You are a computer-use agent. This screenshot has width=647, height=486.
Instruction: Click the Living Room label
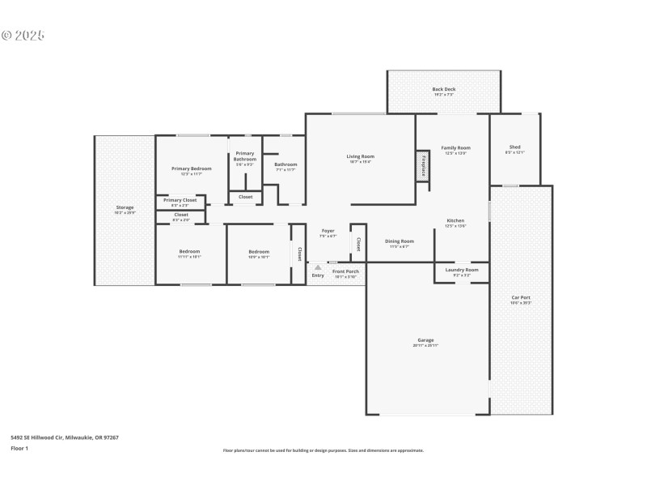[360, 156]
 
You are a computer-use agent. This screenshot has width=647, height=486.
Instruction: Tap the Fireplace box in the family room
[422, 166]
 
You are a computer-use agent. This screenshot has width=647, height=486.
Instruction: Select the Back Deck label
[443, 89]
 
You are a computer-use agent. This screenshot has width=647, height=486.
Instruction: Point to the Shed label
[514, 147]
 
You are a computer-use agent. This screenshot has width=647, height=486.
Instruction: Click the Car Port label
[520, 297]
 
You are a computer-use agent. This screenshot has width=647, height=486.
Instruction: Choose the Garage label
[425, 340]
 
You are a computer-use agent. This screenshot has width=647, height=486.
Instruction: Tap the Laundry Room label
[461, 270]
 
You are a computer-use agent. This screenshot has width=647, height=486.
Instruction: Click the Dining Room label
[399, 241]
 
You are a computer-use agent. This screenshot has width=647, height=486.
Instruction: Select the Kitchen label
[455, 221]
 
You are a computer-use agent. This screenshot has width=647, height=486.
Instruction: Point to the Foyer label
[328, 231]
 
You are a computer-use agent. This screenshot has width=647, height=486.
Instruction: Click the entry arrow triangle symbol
[318, 266]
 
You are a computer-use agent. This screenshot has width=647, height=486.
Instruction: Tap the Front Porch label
[345, 271]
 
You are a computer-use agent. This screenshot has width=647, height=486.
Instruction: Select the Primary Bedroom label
[191, 168]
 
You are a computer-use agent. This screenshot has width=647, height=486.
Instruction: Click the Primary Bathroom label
[245, 156]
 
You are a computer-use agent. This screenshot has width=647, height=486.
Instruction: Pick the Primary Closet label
[180, 200]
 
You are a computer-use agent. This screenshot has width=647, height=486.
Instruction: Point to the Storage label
[125, 207]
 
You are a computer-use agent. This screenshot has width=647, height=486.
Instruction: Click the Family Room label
[455, 148]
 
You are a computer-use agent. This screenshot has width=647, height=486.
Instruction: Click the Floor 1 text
[19, 447]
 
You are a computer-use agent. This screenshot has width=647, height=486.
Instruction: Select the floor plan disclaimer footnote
[323, 450]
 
